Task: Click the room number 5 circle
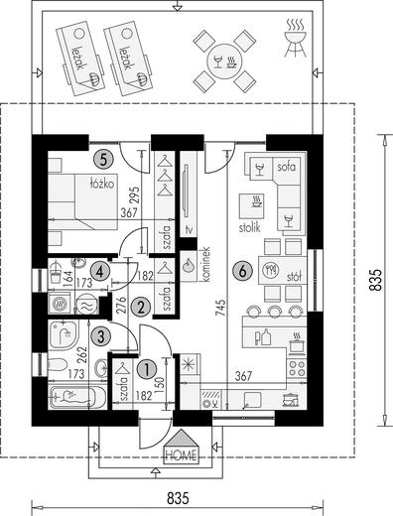[103, 160]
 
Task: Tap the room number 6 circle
[242, 272]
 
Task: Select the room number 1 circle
[147, 369]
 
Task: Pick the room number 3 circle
[100, 336]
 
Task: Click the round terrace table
[224, 62]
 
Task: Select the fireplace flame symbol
[190, 265]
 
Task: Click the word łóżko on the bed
[102, 183]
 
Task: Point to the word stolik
[250, 227]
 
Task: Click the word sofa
[287, 167]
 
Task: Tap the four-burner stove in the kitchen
[297, 368]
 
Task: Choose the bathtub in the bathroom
[76, 396]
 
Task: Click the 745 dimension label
[221, 308]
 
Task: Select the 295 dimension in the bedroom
[135, 195]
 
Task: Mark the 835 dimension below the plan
[178, 498]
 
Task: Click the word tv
[189, 229]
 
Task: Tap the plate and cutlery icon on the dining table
[271, 270]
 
